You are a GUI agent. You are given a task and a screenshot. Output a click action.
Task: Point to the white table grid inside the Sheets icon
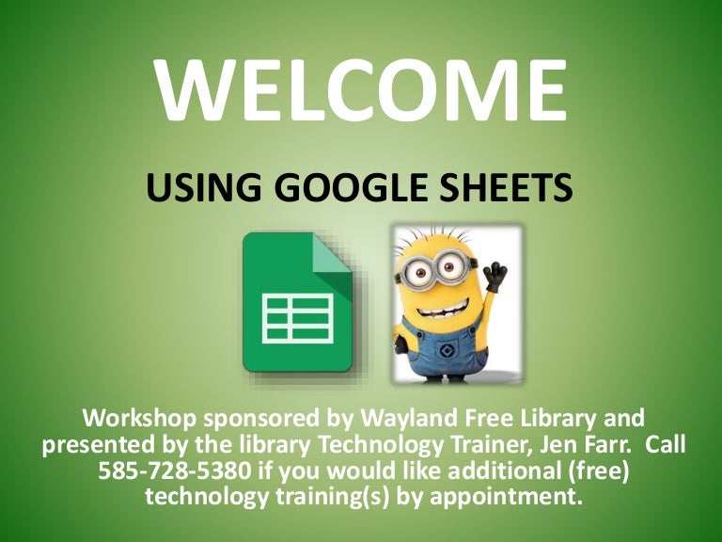click(297, 318)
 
